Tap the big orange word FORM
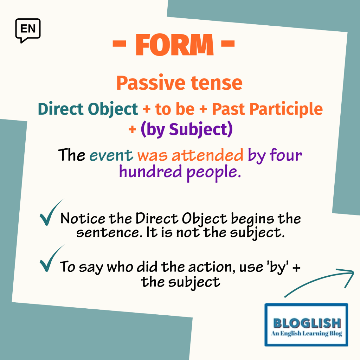(x=175, y=45)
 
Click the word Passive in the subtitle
(x=151, y=83)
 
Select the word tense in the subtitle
(x=217, y=83)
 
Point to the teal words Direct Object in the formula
(x=88, y=109)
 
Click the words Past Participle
(x=268, y=109)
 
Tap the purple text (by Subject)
(x=187, y=129)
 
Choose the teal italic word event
(x=111, y=155)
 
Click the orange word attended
(x=207, y=155)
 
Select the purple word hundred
(x=150, y=171)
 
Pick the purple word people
(x=214, y=173)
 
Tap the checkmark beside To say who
(x=51, y=258)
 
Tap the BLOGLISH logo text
(x=307, y=323)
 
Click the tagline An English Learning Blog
(x=307, y=333)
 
